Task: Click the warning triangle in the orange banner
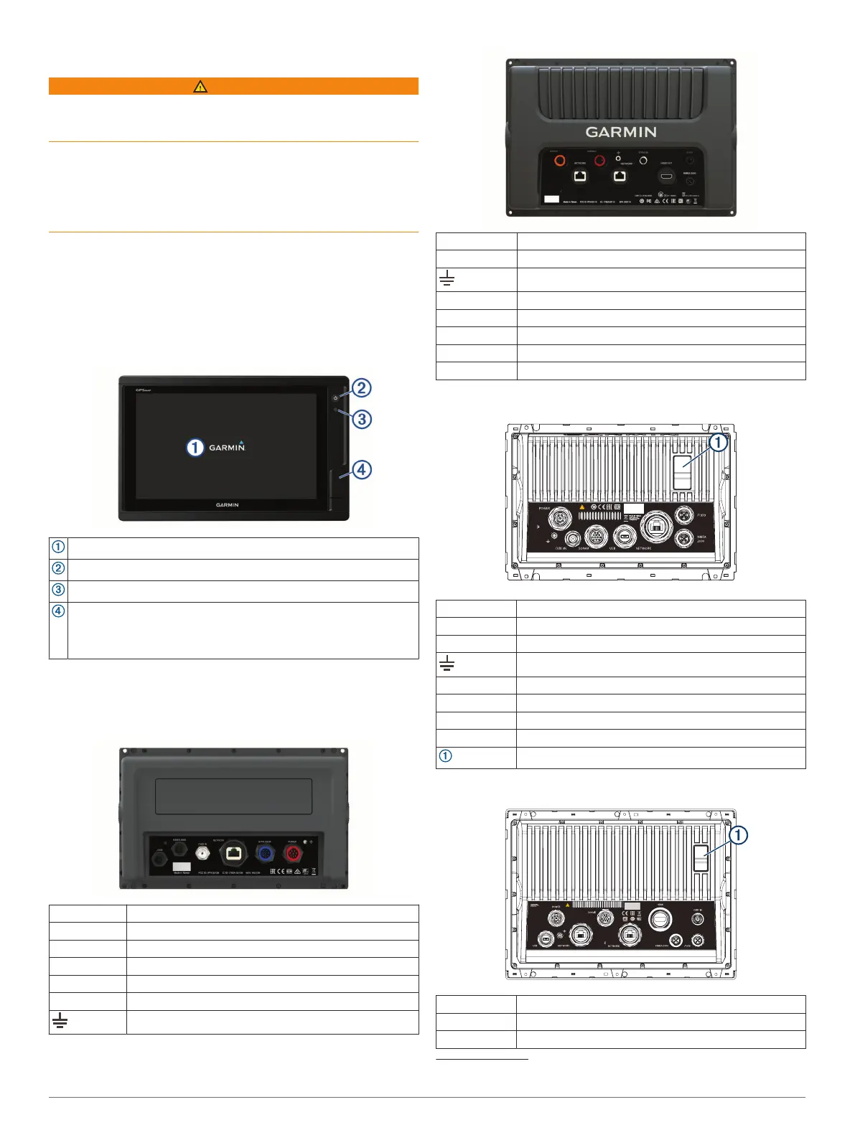tap(200, 87)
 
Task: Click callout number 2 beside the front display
tap(361, 388)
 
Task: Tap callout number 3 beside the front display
tap(362, 419)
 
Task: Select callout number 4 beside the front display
tap(362, 470)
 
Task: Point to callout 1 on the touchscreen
tap(195, 448)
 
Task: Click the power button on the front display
tap(335, 397)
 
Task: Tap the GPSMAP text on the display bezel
tap(144, 390)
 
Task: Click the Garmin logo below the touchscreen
tap(227, 505)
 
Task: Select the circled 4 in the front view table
tap(58, 611)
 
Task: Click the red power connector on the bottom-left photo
tap(292, 854)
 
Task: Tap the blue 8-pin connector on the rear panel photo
tap(265, 854)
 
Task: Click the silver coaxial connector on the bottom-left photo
tap(203, 854)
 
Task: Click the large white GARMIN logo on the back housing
tap(621, 132)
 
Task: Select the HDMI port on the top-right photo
tap(667, 176)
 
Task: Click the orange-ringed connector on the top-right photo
tap(560, 161)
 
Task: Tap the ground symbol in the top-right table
tap(447, 279)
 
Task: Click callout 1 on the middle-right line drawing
tap(718, 443)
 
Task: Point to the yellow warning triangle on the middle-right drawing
tap(582, 507)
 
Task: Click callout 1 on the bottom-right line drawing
tap(737, 835)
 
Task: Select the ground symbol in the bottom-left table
tap(60, 1021)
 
